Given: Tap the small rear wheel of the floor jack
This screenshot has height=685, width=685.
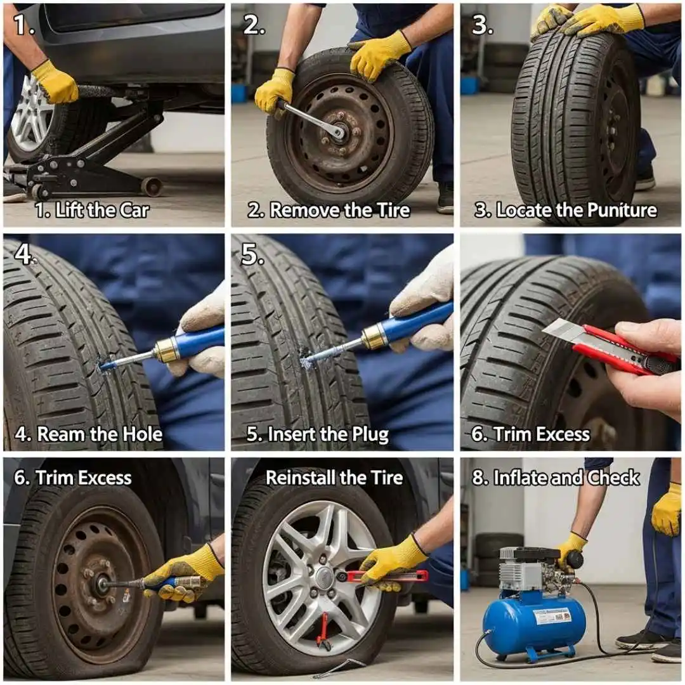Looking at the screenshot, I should pyautogui.click(x=152, y=186).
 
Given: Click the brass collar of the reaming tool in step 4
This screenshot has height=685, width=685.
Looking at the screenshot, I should pyautogui.click(x=166, y=350).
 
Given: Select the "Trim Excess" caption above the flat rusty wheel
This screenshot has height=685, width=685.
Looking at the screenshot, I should pyautogui.click(x=73, y=478).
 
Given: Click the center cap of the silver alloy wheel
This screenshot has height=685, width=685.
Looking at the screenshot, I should pyautogui.click(x=324, y=577).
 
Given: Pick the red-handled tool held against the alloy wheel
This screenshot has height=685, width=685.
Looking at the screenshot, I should pyautogui.click(x=387, y=576).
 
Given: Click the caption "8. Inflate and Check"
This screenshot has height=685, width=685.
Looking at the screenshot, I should pyautogui.click(x=556, y=478).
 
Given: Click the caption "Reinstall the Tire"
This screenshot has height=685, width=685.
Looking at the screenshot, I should pyautogui.click(x=334, y=478).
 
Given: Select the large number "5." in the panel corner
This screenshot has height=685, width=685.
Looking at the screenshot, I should pyautogui.click(x=252, y=254).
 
